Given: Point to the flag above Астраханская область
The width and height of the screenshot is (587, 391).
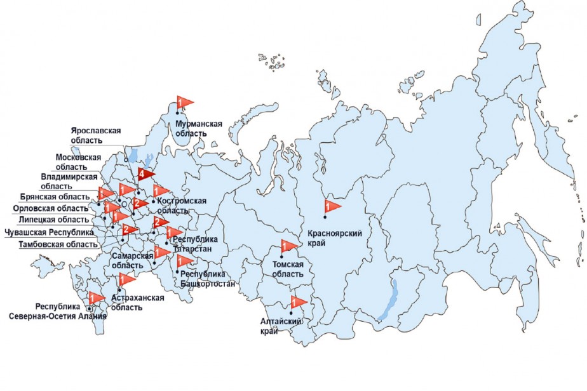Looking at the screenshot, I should tap(127, 278).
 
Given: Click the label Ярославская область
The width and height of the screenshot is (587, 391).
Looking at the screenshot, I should tap(96, 135).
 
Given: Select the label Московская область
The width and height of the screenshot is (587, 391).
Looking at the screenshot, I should tap(79, 161).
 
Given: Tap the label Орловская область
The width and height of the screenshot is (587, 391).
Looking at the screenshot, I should tap(50, 208).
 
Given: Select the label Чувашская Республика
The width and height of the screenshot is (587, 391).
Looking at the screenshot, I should tap(49, 232).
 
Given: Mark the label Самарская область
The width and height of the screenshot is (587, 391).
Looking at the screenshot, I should tap(132, 260).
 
